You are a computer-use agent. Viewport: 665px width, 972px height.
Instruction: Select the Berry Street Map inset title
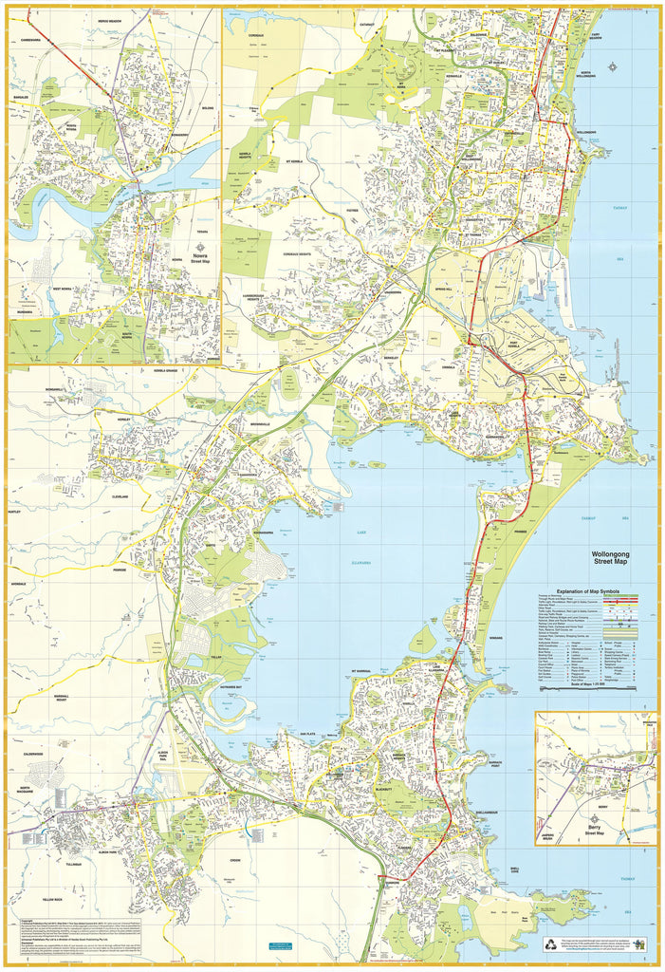[596, 829]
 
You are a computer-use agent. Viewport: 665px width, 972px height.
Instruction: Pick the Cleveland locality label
[120, 495]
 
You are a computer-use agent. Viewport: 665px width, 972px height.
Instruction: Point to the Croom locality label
[234, 861]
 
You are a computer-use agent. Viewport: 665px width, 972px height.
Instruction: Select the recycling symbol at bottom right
[553, 944]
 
